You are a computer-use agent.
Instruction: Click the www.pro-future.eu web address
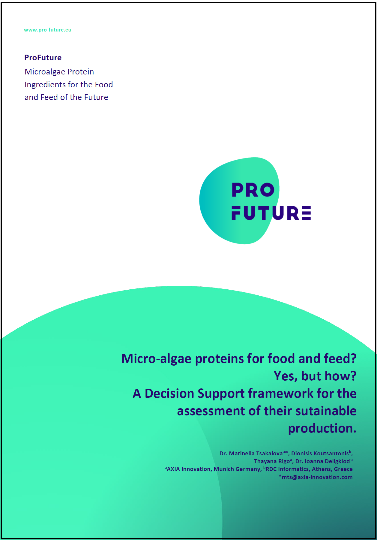point(48,30)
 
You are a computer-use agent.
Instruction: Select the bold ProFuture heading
point(43,58)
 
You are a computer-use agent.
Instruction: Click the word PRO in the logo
point(253,190)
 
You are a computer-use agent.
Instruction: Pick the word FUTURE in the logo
point(271,213)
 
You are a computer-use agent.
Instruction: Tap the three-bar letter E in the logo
point(306,213)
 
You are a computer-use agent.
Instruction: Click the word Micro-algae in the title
point(156,359)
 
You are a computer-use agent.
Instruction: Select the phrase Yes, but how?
point(315,376)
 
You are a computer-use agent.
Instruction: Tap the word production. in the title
point(322,429)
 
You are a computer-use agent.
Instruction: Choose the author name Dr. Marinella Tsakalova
point(251,453)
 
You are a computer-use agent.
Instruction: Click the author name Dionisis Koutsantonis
point(320,453)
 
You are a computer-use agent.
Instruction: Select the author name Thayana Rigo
point(272,461)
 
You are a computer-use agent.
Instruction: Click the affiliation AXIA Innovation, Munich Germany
point(214,469)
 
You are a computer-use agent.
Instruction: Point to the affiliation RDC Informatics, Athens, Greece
point(309,469)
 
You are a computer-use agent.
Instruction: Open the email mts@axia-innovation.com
point(317,477)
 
